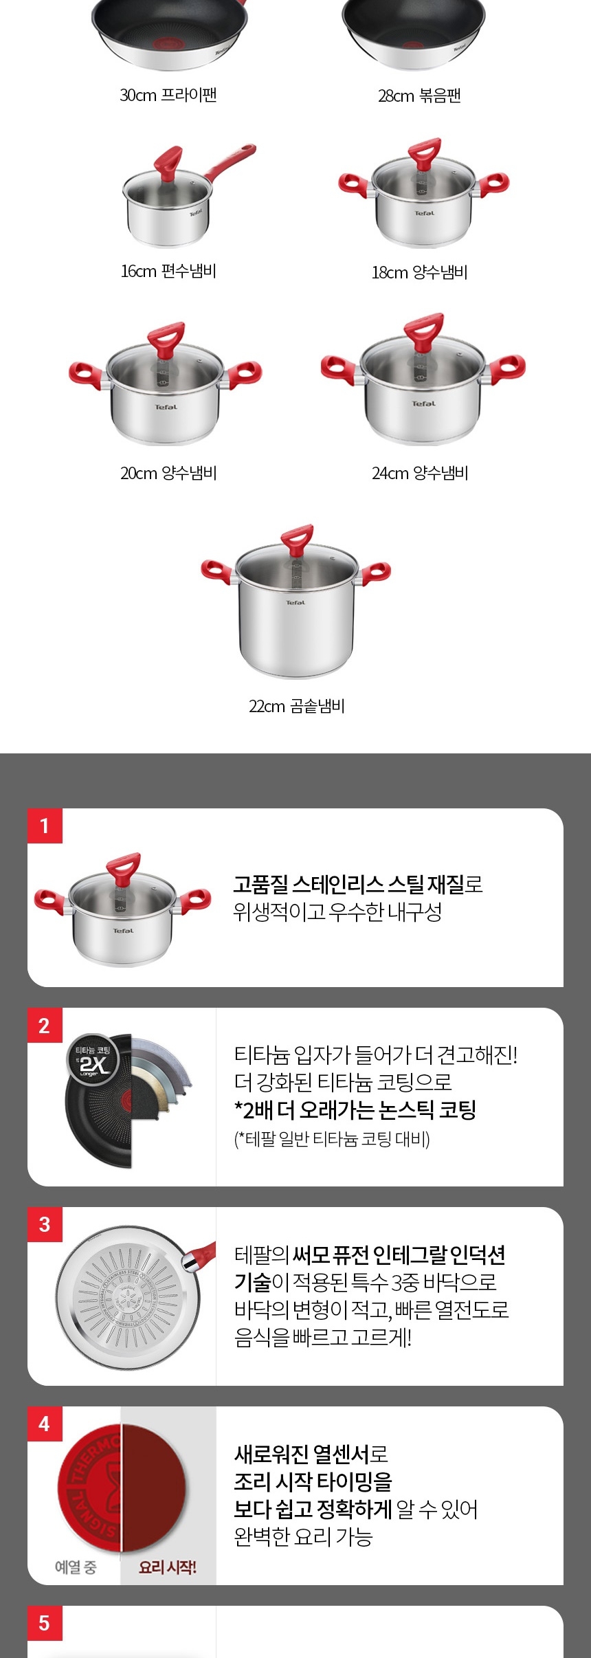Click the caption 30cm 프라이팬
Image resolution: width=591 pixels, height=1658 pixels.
(168, 95)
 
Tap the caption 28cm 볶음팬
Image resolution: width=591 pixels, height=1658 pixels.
(419, 96)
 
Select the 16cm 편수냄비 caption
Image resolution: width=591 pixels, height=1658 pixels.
(168, 271)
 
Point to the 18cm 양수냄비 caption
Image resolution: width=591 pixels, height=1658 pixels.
(419, 272)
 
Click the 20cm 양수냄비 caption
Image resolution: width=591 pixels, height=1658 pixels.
(168, 473)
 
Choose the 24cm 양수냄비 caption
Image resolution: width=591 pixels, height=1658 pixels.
(419, 473)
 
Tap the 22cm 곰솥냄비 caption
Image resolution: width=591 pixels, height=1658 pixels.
(296, 706)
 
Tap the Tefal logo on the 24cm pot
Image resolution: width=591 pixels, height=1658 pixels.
(423, 404)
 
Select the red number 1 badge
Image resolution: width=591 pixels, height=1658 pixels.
(45, 826)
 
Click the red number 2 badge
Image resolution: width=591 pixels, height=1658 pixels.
(45, 1026)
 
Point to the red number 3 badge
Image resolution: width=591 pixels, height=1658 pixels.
(45, 1224)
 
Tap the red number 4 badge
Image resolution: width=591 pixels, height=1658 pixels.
(45, 1424)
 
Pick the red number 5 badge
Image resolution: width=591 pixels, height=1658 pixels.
(45, 1623)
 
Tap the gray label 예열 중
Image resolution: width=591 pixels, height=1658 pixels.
(76, 1567)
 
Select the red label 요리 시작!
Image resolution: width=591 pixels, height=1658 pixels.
(168, 1567)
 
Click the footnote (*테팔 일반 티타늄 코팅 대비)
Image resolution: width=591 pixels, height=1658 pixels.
(332, 1139)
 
